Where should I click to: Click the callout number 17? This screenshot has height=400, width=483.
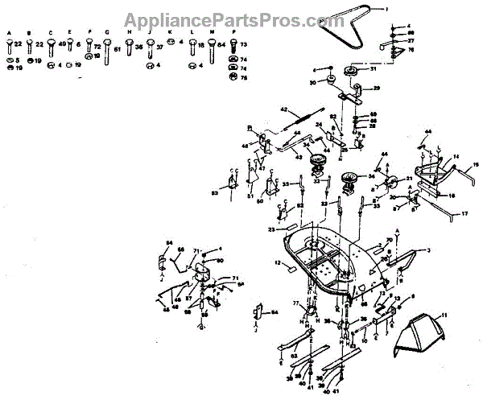tap(464, 213)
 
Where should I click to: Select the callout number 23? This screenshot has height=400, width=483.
tap(271, 230)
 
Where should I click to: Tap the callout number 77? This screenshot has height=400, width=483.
tap(295, 303)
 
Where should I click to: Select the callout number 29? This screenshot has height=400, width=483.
tap(375, 88)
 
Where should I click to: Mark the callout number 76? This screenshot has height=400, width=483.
tap(411, 50)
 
